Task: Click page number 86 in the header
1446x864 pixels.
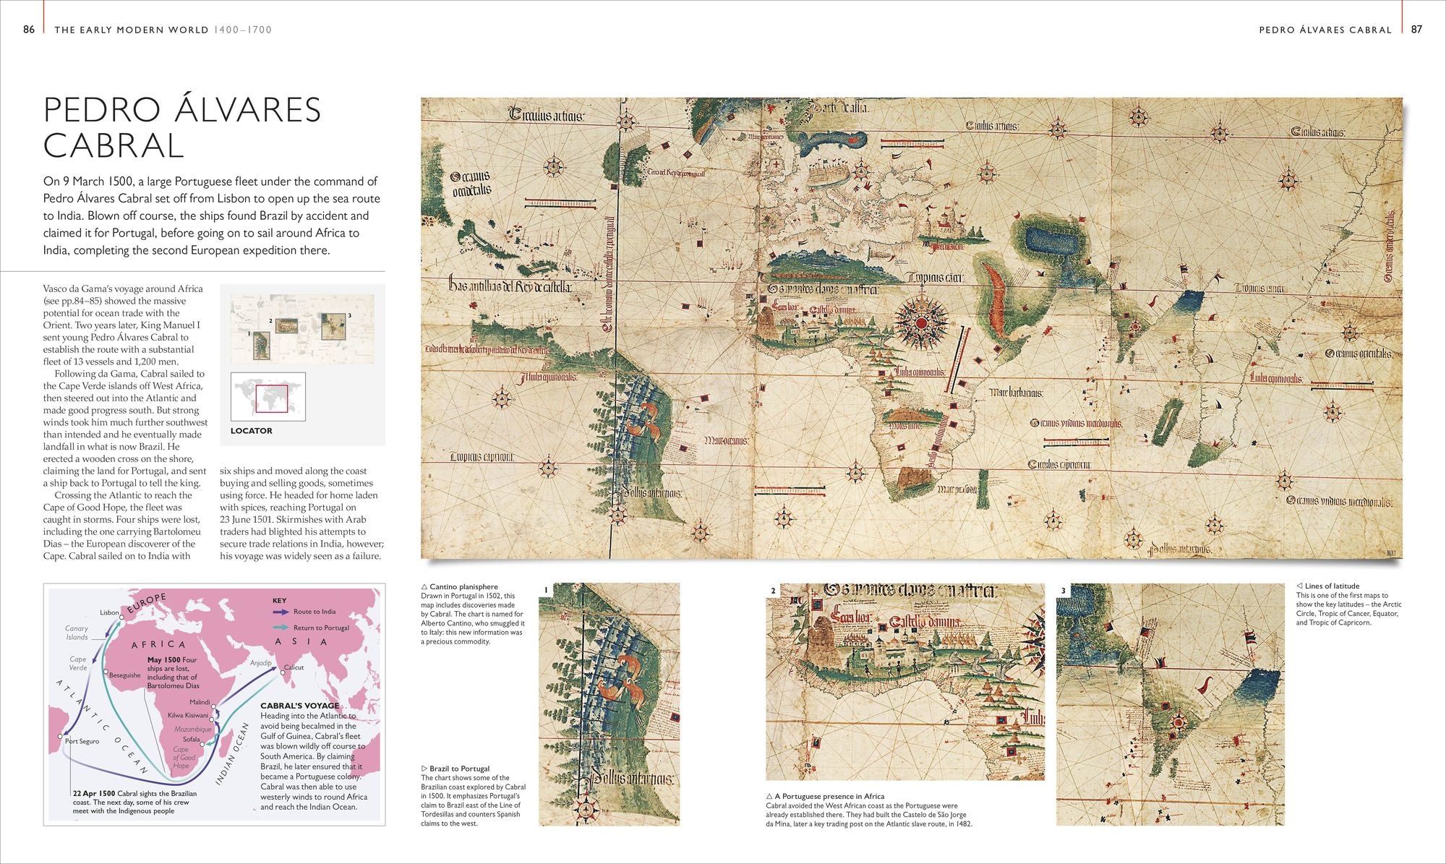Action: (29, 30)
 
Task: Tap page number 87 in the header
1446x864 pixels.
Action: (1416, 30)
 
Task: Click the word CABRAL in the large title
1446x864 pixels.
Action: (114, 145)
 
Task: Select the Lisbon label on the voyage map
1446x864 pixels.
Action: (109, 612)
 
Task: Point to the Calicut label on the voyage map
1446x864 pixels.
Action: (294, 667)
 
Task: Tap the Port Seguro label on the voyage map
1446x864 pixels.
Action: (82, 741)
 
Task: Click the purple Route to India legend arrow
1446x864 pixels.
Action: (281, 612)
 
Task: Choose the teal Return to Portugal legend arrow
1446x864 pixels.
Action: (281, 628)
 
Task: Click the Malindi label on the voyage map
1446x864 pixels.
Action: (200, 702)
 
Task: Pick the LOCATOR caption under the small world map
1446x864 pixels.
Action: (252, 430)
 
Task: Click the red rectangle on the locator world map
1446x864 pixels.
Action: (272, 398)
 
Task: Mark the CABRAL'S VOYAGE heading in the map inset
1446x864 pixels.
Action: (299, 706)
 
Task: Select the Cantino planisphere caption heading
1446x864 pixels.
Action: (463, 587)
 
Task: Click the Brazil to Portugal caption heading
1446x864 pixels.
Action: (459, 769)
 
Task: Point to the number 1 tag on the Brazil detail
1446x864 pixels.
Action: (547, 590)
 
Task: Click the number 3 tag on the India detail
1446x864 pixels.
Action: (1063, 591)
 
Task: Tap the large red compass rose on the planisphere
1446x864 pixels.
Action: (922, 322)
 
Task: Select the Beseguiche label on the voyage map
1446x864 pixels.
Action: (125, 675)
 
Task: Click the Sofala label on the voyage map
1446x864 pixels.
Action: (191, 740)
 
